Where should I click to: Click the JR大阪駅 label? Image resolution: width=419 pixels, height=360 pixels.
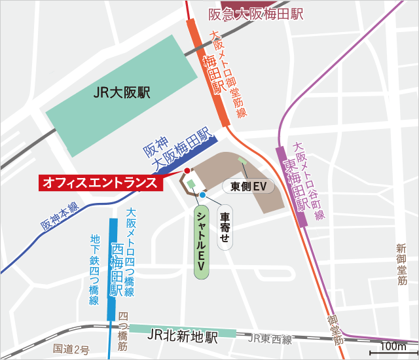(122, 93)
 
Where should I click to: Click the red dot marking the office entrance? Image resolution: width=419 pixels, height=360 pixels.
(187, 171)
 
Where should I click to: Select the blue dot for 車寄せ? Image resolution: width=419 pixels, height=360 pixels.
(203, 194)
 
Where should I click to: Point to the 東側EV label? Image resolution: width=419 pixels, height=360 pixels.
(248, 187)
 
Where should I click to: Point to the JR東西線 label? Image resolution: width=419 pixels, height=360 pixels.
(269, 338)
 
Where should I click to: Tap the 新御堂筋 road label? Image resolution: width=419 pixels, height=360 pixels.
(401, 264)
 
